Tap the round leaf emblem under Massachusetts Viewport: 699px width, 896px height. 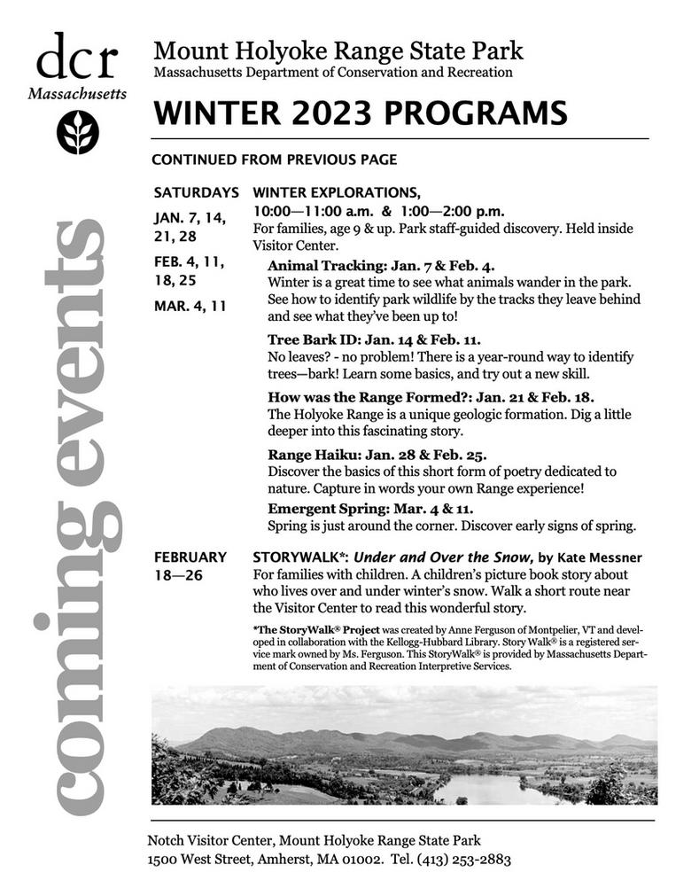click(x=78, y=132)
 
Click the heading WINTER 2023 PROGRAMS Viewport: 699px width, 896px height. click(x=359, y=113)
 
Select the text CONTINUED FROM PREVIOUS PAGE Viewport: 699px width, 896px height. click(x=274, y=160)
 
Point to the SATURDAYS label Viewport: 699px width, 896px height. click(x=196, y=192)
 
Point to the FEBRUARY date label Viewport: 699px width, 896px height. click(x=190, y=557)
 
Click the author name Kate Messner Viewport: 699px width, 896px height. click(x=600, y=557)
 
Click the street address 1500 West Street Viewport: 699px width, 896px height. click(x=203, y=859)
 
